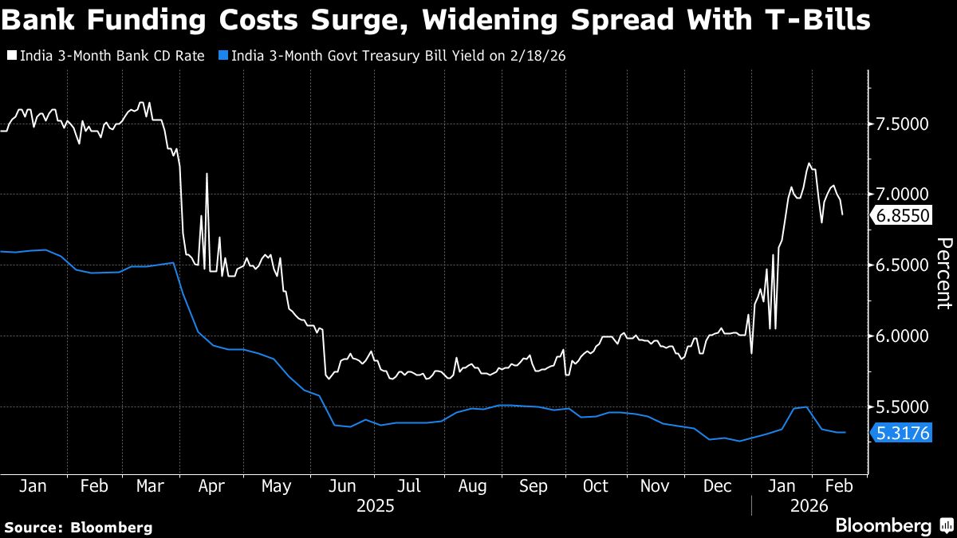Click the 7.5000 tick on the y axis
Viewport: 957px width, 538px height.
(904, 124)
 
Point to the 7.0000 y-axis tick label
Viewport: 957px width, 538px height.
(904, 194)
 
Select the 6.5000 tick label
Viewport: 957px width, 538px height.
(904, 265)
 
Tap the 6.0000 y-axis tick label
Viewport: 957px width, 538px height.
(904, 336)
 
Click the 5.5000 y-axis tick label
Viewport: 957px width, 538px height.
(904, 406)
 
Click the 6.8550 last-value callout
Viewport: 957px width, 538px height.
(904, 216)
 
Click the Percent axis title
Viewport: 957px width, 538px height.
(943, 273)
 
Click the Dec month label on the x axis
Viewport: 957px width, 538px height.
(718, 486)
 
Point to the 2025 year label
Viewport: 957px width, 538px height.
(375, 505)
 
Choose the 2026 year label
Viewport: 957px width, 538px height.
(809, 505)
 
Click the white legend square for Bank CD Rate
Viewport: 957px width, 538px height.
(11, 56)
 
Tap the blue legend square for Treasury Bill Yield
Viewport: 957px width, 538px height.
(224, 56)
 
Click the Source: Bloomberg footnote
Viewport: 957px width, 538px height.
(78, 527)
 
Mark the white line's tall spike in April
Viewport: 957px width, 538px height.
(207, 174)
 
